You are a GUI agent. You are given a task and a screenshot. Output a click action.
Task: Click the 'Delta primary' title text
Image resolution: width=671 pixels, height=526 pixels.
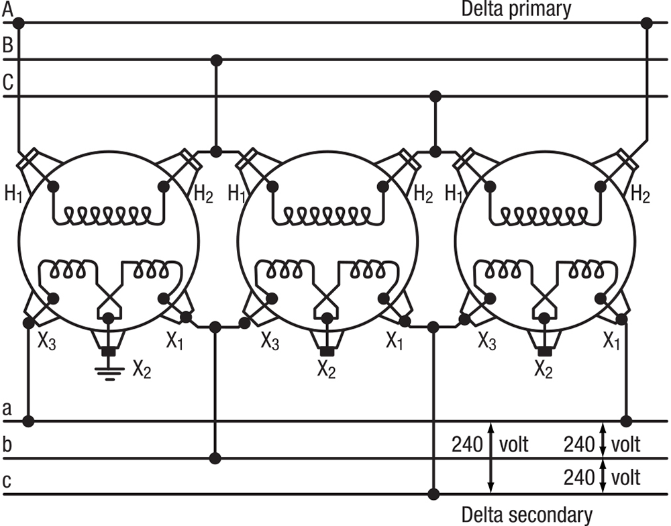click(516, 9)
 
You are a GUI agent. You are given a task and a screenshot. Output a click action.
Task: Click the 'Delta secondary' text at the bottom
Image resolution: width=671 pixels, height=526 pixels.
click(527, 515)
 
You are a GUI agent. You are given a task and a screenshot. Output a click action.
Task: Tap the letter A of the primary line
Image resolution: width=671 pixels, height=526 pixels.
click(7, 9)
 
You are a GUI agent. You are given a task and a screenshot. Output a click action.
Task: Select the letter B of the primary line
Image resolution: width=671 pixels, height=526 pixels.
click(7, 46)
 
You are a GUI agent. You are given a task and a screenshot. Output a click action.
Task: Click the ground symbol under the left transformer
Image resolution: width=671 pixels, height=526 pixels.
click(107, 370)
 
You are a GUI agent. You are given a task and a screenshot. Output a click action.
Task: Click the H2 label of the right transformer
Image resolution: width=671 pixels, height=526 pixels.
click(640, 195)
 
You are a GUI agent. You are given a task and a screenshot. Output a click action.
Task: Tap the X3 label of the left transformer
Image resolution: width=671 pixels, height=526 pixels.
click(46, 341)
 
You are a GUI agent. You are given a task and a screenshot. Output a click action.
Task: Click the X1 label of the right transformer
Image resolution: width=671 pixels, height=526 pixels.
click(611, 341)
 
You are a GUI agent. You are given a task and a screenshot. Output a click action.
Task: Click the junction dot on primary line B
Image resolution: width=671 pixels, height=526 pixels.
click(215, 60)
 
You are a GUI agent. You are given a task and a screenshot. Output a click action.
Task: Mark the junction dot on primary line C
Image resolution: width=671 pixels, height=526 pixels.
click(435, 97)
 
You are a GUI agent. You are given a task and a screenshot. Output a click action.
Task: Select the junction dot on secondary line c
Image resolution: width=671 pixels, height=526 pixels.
click(433, 495)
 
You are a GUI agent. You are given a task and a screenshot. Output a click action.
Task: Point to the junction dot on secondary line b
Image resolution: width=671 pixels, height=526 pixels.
click(215, 458)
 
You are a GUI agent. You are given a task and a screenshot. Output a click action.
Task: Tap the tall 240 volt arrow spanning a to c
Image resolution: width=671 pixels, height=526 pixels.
click(491, 458)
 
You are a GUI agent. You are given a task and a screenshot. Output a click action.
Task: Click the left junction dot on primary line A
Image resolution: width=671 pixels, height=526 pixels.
click(19, 23)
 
